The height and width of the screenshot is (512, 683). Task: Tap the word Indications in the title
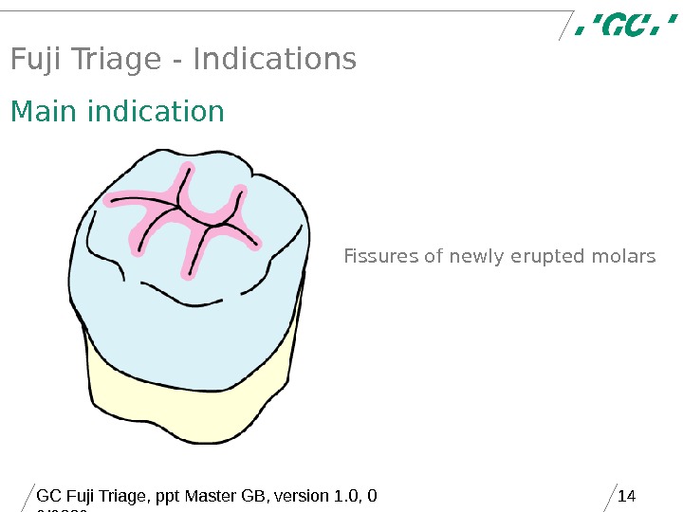point(274,60)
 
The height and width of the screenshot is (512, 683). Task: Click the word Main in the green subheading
point(45,112)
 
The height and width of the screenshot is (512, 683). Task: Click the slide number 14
point(625,496)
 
